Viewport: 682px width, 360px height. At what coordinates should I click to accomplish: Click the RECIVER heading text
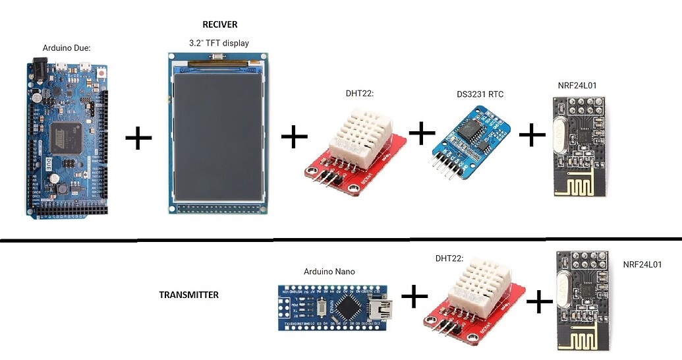219,24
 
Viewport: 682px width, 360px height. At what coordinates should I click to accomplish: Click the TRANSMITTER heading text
188,295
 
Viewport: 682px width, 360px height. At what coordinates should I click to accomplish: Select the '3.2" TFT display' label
219,43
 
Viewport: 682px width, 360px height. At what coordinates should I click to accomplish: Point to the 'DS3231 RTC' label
480,94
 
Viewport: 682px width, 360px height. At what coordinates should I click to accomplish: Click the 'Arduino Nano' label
329,272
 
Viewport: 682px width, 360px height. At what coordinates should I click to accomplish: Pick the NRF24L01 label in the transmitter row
642,264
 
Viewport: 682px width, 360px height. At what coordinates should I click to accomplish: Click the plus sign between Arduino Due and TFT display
138,138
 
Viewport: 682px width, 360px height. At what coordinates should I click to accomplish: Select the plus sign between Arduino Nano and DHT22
414,297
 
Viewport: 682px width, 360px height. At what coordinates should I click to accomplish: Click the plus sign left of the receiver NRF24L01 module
532,136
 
